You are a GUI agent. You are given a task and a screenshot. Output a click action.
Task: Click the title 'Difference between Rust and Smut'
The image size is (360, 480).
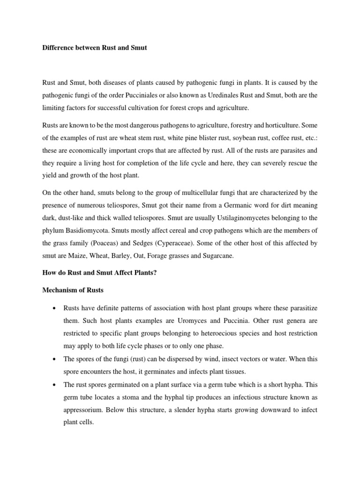click(x=94, y=48)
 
